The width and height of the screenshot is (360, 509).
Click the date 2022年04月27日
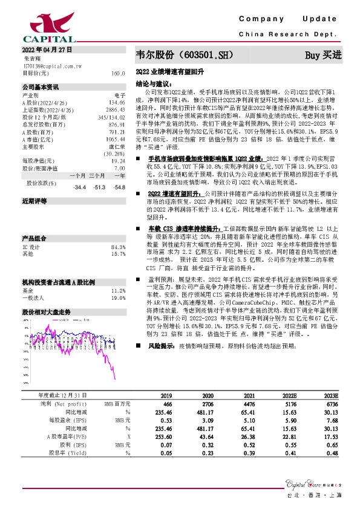point(48,49)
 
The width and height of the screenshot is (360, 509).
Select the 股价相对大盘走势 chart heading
point(47,313)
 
